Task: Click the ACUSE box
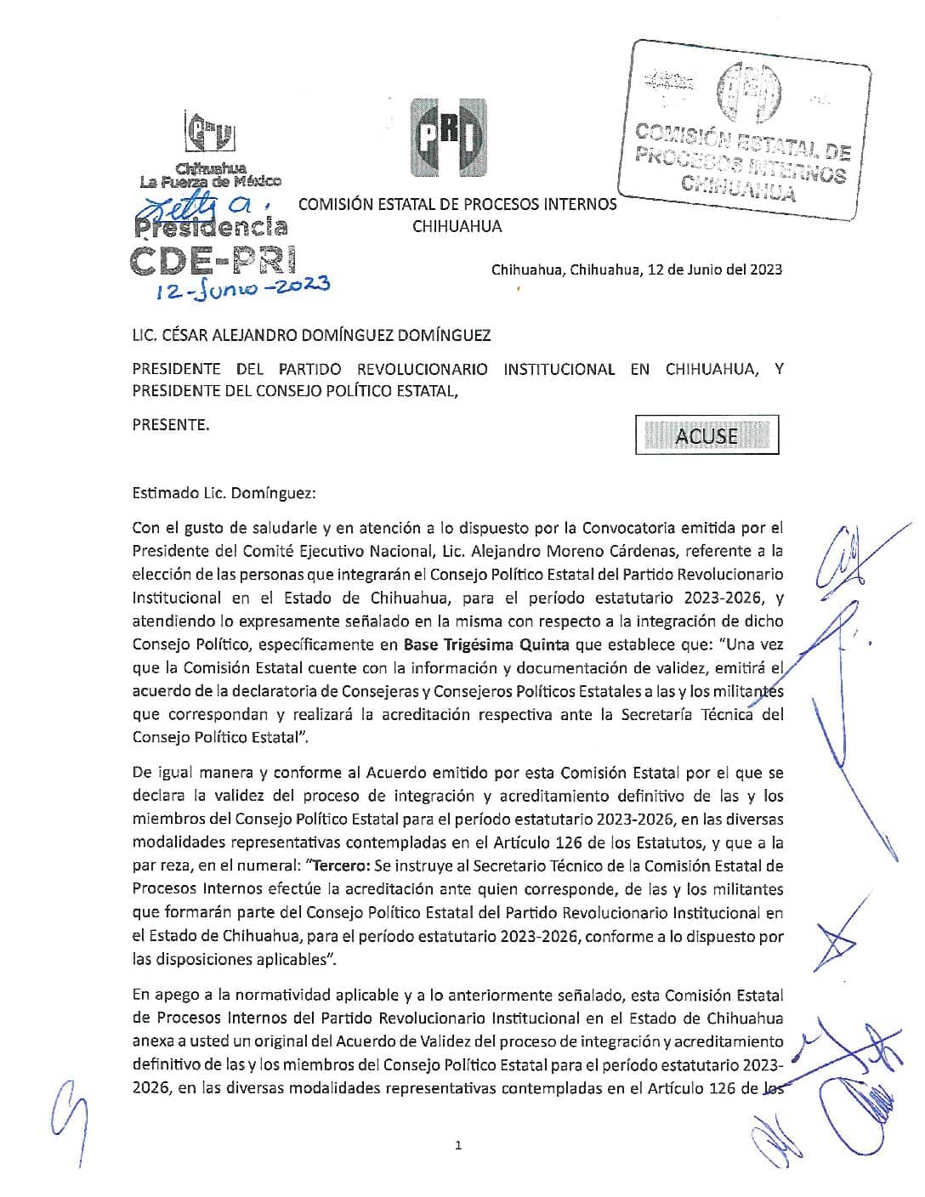tap(707, 435)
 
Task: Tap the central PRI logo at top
tap(449, 137)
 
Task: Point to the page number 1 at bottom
tap(458, 1146)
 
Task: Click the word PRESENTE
tap(170, 425)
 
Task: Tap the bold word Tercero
tap(338, 866)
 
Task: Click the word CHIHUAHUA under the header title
tap(457, 226)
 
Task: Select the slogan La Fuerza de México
tap(210, 181)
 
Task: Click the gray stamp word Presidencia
tap(211, 226)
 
